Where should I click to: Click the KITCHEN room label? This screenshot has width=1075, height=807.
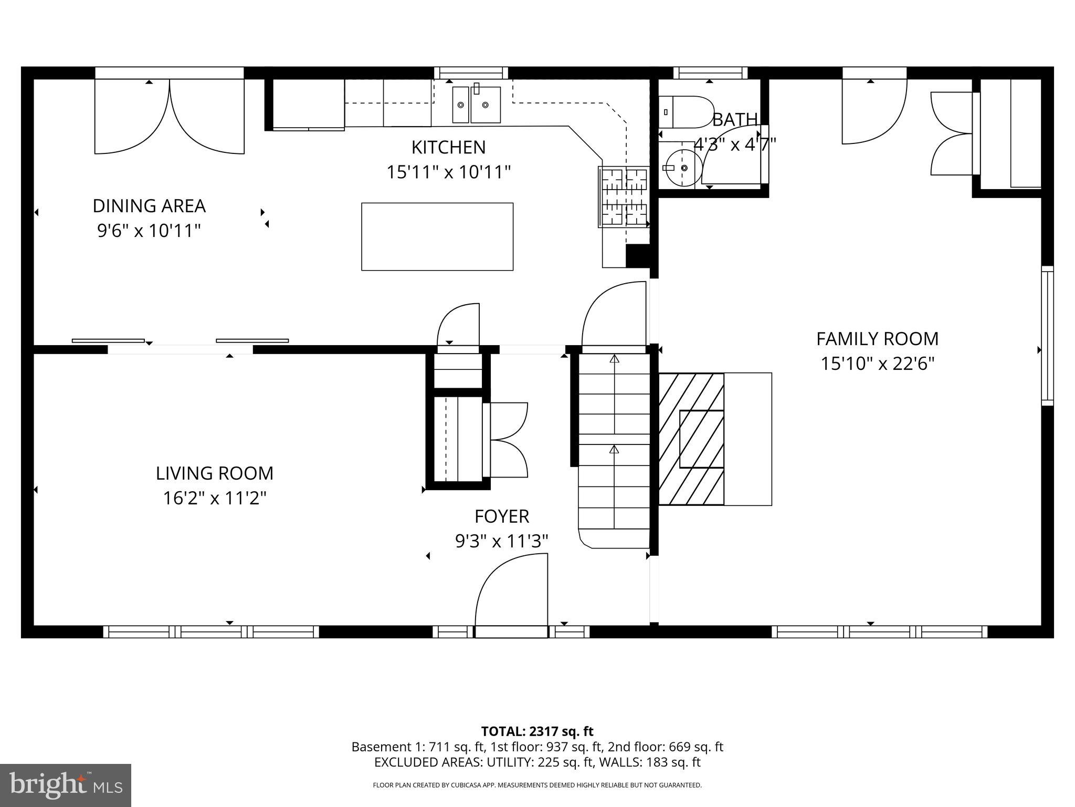[448, 148]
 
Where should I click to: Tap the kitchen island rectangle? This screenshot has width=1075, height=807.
[437, 236]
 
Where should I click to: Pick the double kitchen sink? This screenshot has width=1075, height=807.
[476, 105]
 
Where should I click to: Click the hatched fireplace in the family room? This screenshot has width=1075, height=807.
[691, 439]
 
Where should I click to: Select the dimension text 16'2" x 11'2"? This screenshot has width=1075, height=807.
[215, 498]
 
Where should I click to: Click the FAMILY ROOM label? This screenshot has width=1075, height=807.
[877, 339]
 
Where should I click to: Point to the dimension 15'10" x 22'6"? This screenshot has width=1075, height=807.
[877, 364]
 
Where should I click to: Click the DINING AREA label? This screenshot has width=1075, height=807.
[149, 206]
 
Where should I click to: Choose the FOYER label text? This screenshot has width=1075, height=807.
[501, 516]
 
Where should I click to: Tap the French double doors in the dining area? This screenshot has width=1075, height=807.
[169, 117]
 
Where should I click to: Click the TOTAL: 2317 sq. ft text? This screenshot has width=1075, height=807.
[537, 731]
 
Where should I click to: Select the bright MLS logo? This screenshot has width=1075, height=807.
[65, 785]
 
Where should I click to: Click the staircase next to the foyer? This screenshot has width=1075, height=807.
[614, 447]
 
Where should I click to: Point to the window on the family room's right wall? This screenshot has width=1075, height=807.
[1047, 336]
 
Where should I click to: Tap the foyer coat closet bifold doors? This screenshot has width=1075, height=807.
[507, 440]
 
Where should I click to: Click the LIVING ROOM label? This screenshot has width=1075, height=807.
[215, 473]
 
